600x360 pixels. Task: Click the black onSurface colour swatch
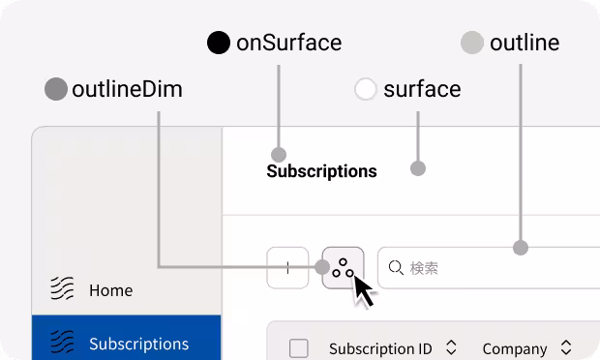coord(219,43)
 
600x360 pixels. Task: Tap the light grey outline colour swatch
coord(472,43)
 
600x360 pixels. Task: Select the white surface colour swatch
coord(366,90)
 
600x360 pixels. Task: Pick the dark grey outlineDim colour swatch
coord(56,90)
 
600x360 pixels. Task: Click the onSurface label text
coord(288,43)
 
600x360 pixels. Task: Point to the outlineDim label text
coord(127,90)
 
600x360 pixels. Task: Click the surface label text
coord(422,90)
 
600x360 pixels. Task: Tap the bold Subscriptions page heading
coord(321,171)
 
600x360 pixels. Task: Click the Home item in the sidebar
coord(110,289)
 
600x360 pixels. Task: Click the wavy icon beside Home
coord(63,288)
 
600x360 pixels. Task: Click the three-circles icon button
coord(343,268)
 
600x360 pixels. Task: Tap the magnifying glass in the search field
coord(396,268)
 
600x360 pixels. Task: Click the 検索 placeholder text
coord(425,268)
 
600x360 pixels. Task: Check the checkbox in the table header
coord(299,348)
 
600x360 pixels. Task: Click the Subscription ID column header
coord(380,348)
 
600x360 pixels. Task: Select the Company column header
coord(515,348)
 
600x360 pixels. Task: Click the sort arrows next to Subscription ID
coord(450,347)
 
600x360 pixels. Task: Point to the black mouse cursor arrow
coord(362,289)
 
